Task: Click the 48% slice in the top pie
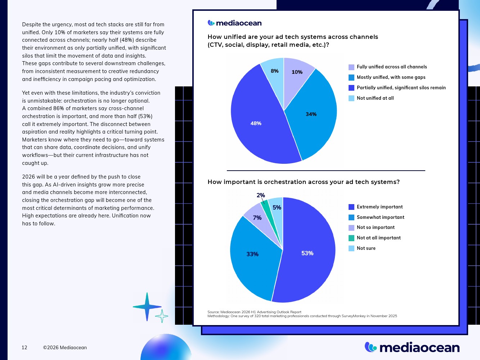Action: pos(256,123)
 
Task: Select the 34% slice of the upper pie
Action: pos(311,114)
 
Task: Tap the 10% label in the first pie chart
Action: pos(297,72)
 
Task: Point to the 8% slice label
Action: pos(275,71)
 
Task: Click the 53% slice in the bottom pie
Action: pos(307,253)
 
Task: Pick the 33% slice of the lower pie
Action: pos(252,254)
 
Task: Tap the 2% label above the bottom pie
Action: pos(261,195)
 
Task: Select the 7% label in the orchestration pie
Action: pos(257,218)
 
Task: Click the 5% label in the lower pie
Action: pos(277,207)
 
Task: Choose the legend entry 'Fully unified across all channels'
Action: pos(391,67)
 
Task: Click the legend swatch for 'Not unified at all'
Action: pos(351,98)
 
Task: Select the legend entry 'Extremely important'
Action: pos(380,207)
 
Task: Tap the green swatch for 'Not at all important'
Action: pos(351,238)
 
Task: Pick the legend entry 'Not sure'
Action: pos(366,248)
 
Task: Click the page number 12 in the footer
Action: pos(24,347)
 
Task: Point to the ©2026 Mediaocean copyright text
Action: pos(65,347)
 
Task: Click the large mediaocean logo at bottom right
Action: pos(412,347)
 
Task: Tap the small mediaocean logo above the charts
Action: pos(235,23)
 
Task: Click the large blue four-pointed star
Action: pos(147,307)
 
